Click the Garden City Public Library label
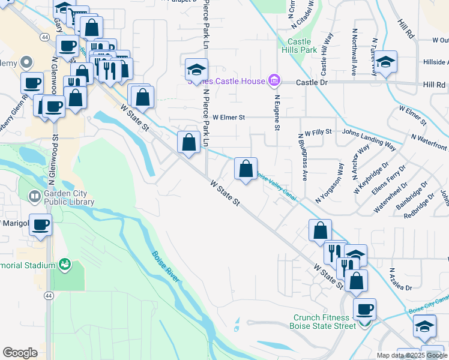point(66,199)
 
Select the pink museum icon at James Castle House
point(274,80)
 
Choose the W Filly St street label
point(318,133)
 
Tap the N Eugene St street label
point(277,112)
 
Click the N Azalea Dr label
point(400,279)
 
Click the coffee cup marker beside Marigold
point(41,225)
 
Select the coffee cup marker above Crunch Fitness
point(364,310)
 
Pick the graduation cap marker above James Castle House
point(196,70)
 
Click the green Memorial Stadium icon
point(64,264)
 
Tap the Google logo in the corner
point(20,353)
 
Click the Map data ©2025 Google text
point(412,355)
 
